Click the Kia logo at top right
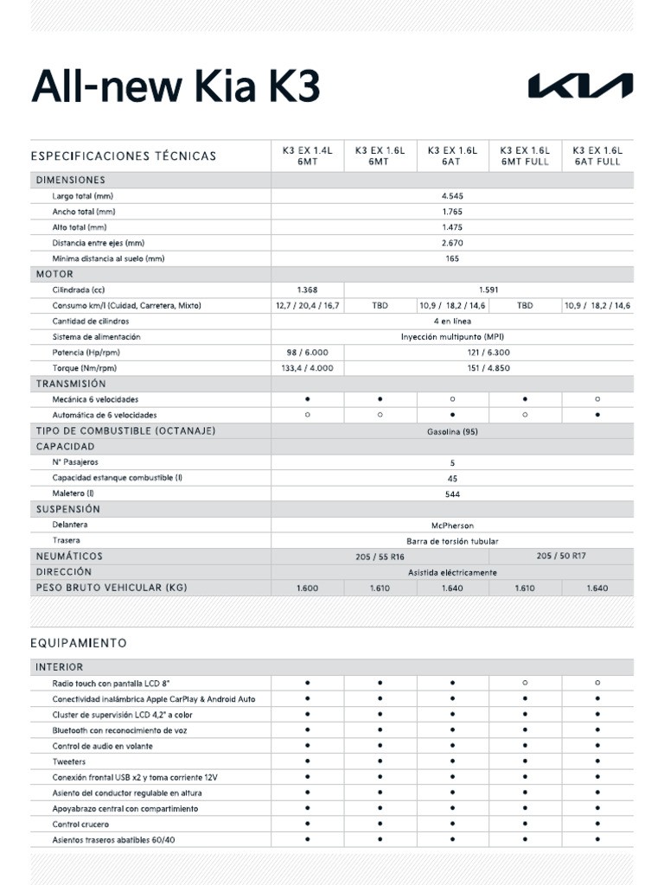coord(580,86)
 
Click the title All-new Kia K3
coord(176,87)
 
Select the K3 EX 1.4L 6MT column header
coord(307,156)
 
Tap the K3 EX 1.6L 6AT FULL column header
coord(597,156)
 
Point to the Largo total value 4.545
coord(452,196)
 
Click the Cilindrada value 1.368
coord(307,290)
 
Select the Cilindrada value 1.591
coord(488,290)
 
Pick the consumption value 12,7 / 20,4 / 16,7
coord(307,306)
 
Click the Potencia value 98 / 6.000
coord(307,353)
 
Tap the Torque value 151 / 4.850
coord(488,368)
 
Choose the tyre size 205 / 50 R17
coord(560,557)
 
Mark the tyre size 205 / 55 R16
coord(380,557)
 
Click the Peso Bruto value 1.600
coord(307,589)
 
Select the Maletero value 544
coord(452,494)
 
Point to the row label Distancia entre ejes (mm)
coord(98,243)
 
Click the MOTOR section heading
coord(54,274)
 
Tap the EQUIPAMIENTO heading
coord(79,643)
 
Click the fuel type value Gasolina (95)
coord(452,431)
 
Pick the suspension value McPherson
coord(452,525)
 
